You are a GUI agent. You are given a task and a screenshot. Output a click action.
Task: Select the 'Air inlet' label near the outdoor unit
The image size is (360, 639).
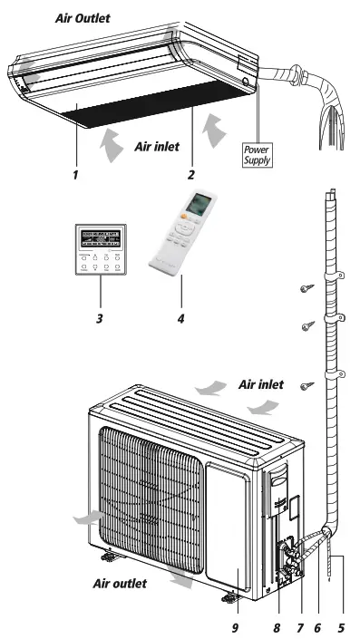tap(261, 384)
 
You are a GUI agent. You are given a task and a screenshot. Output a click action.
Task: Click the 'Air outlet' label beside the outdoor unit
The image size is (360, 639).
tap(120, 583)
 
